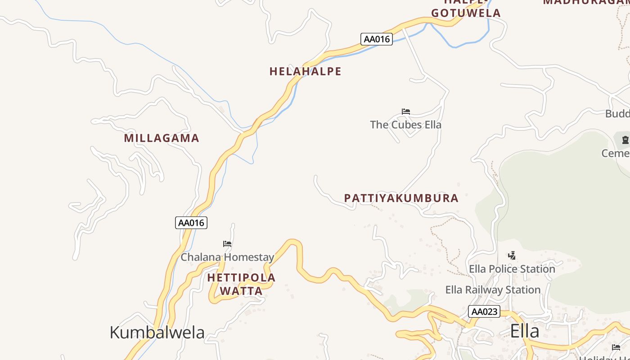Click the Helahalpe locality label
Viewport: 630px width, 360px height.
(x=306, y=71)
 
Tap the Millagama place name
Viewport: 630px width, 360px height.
(x=162, y=138)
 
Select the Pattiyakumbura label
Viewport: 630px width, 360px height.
(x=401, y=198)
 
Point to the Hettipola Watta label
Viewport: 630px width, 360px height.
(x=241, y=284)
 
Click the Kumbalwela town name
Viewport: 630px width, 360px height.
(x=157, y=333)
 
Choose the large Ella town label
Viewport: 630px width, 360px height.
(x=525, y=331)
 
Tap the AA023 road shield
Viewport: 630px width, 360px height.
(x=484, y=311)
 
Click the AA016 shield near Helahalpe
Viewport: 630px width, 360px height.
(x=377, y=39)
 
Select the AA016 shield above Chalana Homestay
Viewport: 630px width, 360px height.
(x=191, y=223)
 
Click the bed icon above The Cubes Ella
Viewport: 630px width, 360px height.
(x=406, y=112)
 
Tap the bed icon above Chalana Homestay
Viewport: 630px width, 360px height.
(x=227, y=244)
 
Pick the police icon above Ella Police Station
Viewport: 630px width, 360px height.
(x=512, y=256)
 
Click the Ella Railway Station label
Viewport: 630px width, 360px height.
(x=493, y=290)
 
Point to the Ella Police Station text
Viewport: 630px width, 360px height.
(x=512, y=269)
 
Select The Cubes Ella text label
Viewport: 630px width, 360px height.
(x=405, y=125)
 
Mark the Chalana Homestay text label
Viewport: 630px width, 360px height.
(x=227, y=257)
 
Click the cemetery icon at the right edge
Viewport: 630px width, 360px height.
(x=625, y=140)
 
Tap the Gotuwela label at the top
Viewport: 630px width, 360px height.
(x=466, y=13)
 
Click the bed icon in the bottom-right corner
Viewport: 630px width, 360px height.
(x=616, y=347)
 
